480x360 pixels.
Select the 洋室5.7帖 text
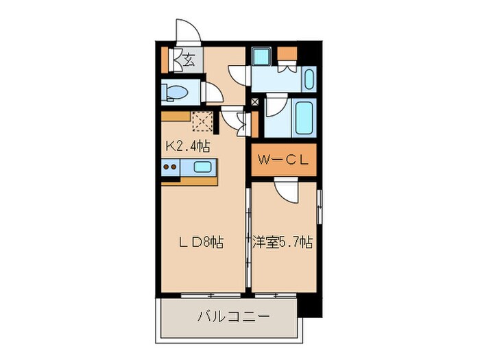tap(283, 242)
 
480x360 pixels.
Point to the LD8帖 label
tap(200, 242)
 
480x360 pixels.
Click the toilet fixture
tap(177, 92)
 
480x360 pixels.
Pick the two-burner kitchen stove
tap(171, 167)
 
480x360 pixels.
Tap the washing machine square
tap(261, 56)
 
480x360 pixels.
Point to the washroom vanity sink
tap(309, 80)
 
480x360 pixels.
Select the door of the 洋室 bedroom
tap(287, 188)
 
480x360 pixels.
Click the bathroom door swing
tap(276, 108)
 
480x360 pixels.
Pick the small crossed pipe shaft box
tap(256, 103)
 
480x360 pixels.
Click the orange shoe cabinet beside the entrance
tap(165, 60)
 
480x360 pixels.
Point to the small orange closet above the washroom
tap(288, 53)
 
